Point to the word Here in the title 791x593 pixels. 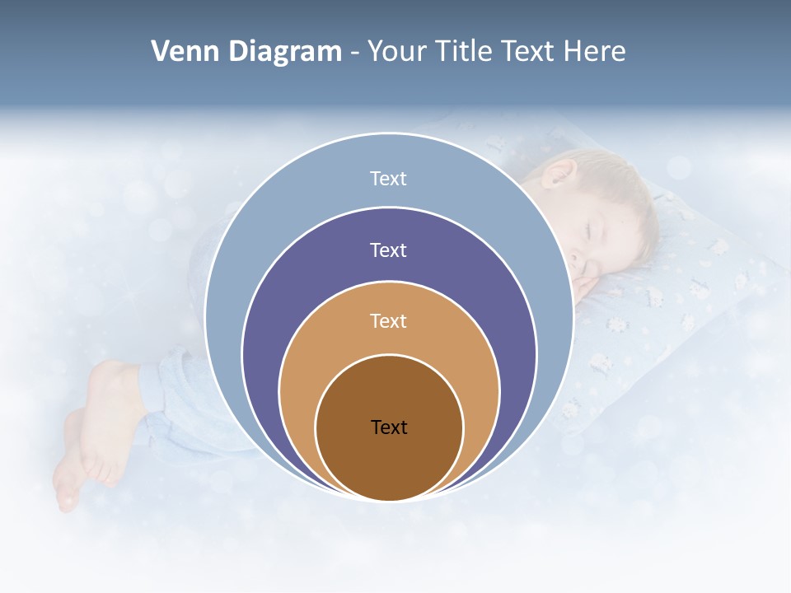pyautogui.click(x=594, y=52)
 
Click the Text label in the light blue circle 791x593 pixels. pyautogui.click(x=388, y=179)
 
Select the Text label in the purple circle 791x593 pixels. pyautogui.click(x=388, y=250)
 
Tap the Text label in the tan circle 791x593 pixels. pyautogui.click(x=388, y=320)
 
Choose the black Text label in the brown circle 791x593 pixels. pyautogui.click(x=389, y=427)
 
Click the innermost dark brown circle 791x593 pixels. pyautogui.click(x=389, y=461)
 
